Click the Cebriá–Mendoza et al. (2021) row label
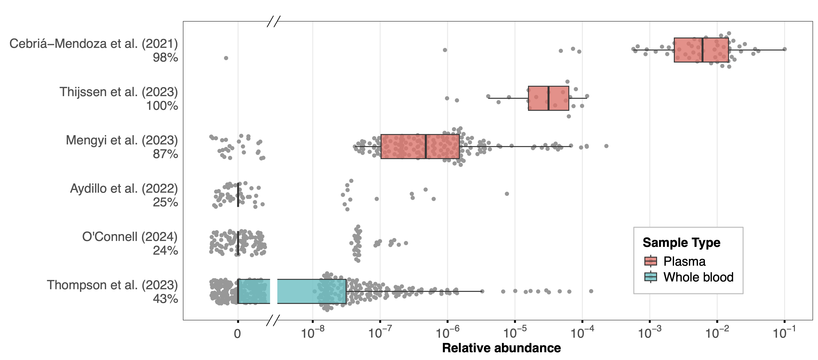tap(93, 44)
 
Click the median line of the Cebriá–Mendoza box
tap(702, 50)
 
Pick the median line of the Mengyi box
tap(426, 146)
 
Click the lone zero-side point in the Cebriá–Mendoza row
tap(226, 58)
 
